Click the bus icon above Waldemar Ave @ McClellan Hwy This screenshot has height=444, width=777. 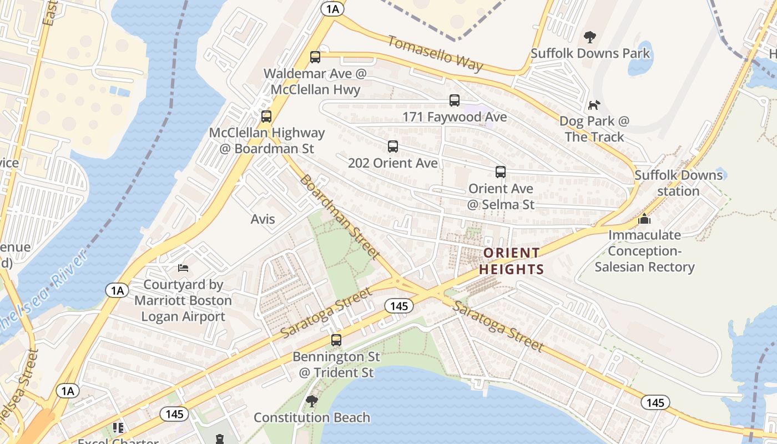pos(315,57)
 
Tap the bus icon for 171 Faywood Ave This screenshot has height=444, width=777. pos(455,100)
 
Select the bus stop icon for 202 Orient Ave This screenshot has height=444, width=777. pos(393,147)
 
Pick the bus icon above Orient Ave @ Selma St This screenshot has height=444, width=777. pos(501,172)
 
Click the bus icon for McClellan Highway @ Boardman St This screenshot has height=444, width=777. pos(266,117)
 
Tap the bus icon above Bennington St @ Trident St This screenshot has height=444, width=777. pos(336,340)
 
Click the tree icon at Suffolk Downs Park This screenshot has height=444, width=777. pos(590,37)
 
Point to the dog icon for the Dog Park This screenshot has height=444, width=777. pos(594,105)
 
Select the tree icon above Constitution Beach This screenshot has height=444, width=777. pos(312,401)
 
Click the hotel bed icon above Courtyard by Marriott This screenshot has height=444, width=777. pos(183,268)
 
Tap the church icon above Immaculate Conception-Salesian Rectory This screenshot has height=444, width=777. pos(644,219)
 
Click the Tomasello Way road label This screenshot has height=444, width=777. pos(435,53)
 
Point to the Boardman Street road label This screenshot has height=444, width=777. pos(340,217)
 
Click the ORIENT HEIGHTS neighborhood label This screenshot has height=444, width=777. pos(511,261)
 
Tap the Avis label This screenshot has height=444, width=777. pos(263,219)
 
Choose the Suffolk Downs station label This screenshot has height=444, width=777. pos(679,183)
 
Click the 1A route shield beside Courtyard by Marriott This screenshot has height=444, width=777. pos(117,290)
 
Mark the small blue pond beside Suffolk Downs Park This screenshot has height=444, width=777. pos(640,58)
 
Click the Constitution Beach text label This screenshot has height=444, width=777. pos(312,417)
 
